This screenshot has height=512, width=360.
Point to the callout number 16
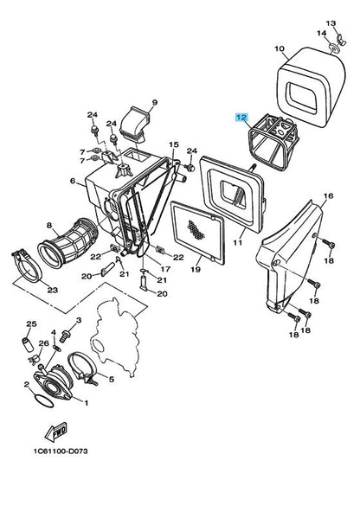[329, 197]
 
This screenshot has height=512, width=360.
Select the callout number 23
[52, 290]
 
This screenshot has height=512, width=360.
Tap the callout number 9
[155, 103]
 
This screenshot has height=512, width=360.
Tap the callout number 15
[173, 144]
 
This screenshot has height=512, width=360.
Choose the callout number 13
[330, 22]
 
